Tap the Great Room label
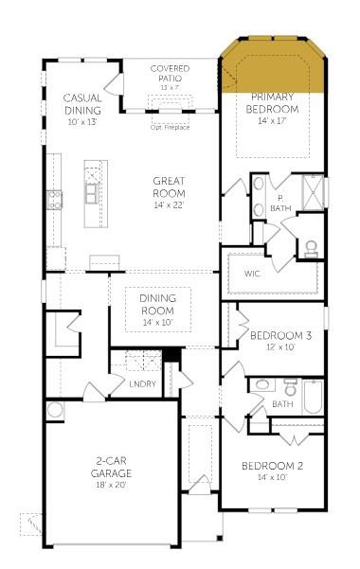tap(169, 186)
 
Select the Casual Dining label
tap(82, 103)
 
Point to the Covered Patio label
tap(169, 74)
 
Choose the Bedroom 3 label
tap(281, 335)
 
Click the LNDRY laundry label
tap(142, 383)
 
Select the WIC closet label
tap(252, 274)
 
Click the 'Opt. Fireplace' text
tap(170, 126)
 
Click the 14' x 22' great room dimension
tap(169, 204)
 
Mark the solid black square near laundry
tap(171, 355)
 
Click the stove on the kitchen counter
tap(56, 199)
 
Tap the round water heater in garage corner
tap(55, 410)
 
